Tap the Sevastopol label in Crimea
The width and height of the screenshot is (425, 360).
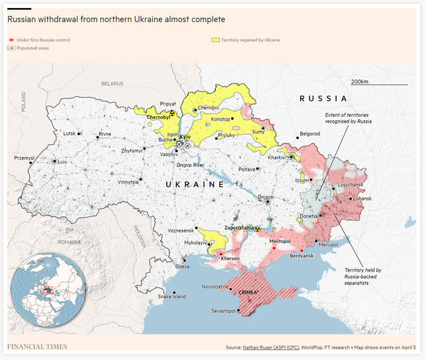pos(220,311)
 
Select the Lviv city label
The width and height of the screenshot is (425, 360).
pos(62,162)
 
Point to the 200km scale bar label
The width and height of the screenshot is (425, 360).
pos(360,81)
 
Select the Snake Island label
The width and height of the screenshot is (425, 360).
pos(171,296)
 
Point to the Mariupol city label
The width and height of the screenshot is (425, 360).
pos(329,244)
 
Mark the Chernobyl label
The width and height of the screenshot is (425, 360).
pos(158,117)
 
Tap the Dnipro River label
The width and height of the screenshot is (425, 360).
pos(190,164)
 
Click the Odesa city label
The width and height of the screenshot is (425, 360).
pos(182,266)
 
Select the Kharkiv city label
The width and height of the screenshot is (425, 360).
pos(276,157)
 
